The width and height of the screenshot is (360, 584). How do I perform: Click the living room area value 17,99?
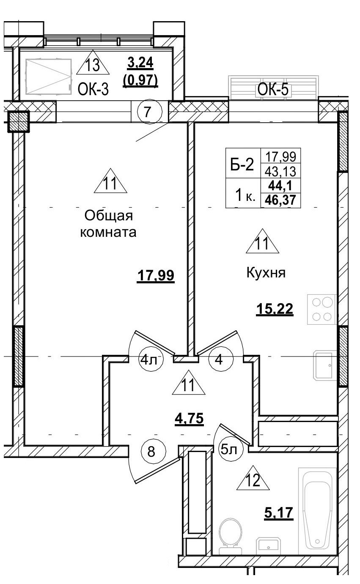pyautogui.click(x=156, y=276)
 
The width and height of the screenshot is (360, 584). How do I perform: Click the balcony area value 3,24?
pyautogui.click(x=140, y=63)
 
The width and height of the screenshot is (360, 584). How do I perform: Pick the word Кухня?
pyautogui.click(x=266, y=273)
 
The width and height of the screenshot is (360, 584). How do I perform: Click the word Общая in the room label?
pyautogui.click(x=109, y=216)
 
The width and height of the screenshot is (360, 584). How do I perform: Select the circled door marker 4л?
pyautogui.click(x=148, y=361)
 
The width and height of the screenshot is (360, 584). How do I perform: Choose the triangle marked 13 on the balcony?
pyautogui.click(x=93, y=64)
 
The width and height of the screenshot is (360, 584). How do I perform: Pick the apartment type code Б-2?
pyautogui.click(x=242, y=165)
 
